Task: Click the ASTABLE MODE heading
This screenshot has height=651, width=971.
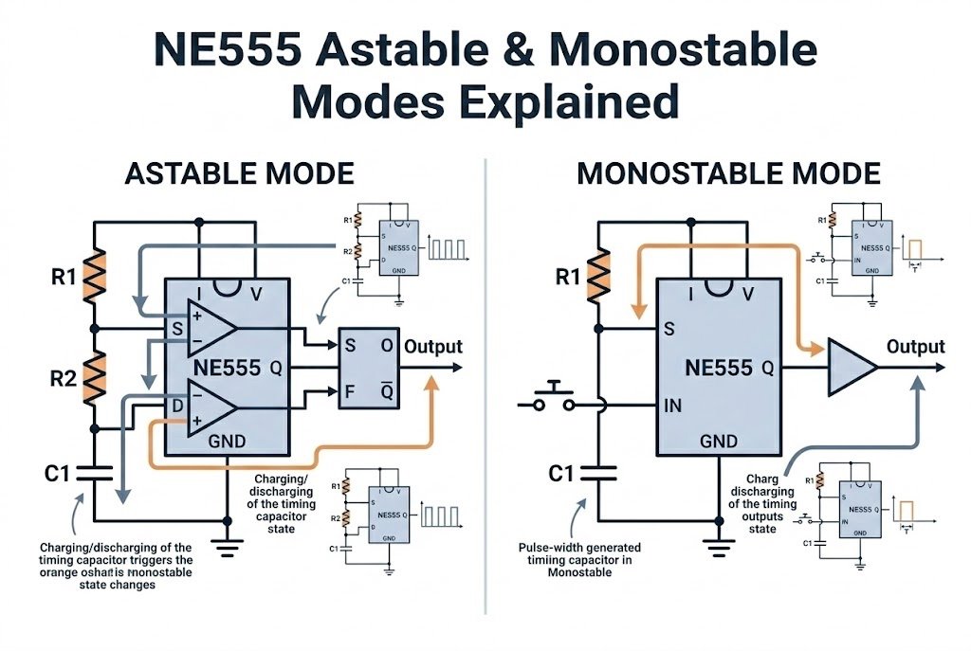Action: [239, 174]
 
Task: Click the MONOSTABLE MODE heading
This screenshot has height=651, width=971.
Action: [728, 174]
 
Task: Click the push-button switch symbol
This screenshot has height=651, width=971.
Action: [554, 399]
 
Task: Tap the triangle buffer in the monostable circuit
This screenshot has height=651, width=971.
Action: [852, 366]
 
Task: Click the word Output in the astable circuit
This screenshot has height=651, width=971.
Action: [433, 346]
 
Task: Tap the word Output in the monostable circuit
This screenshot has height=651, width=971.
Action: [915, 346]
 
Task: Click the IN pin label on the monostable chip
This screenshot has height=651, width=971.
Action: [673, 406]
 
